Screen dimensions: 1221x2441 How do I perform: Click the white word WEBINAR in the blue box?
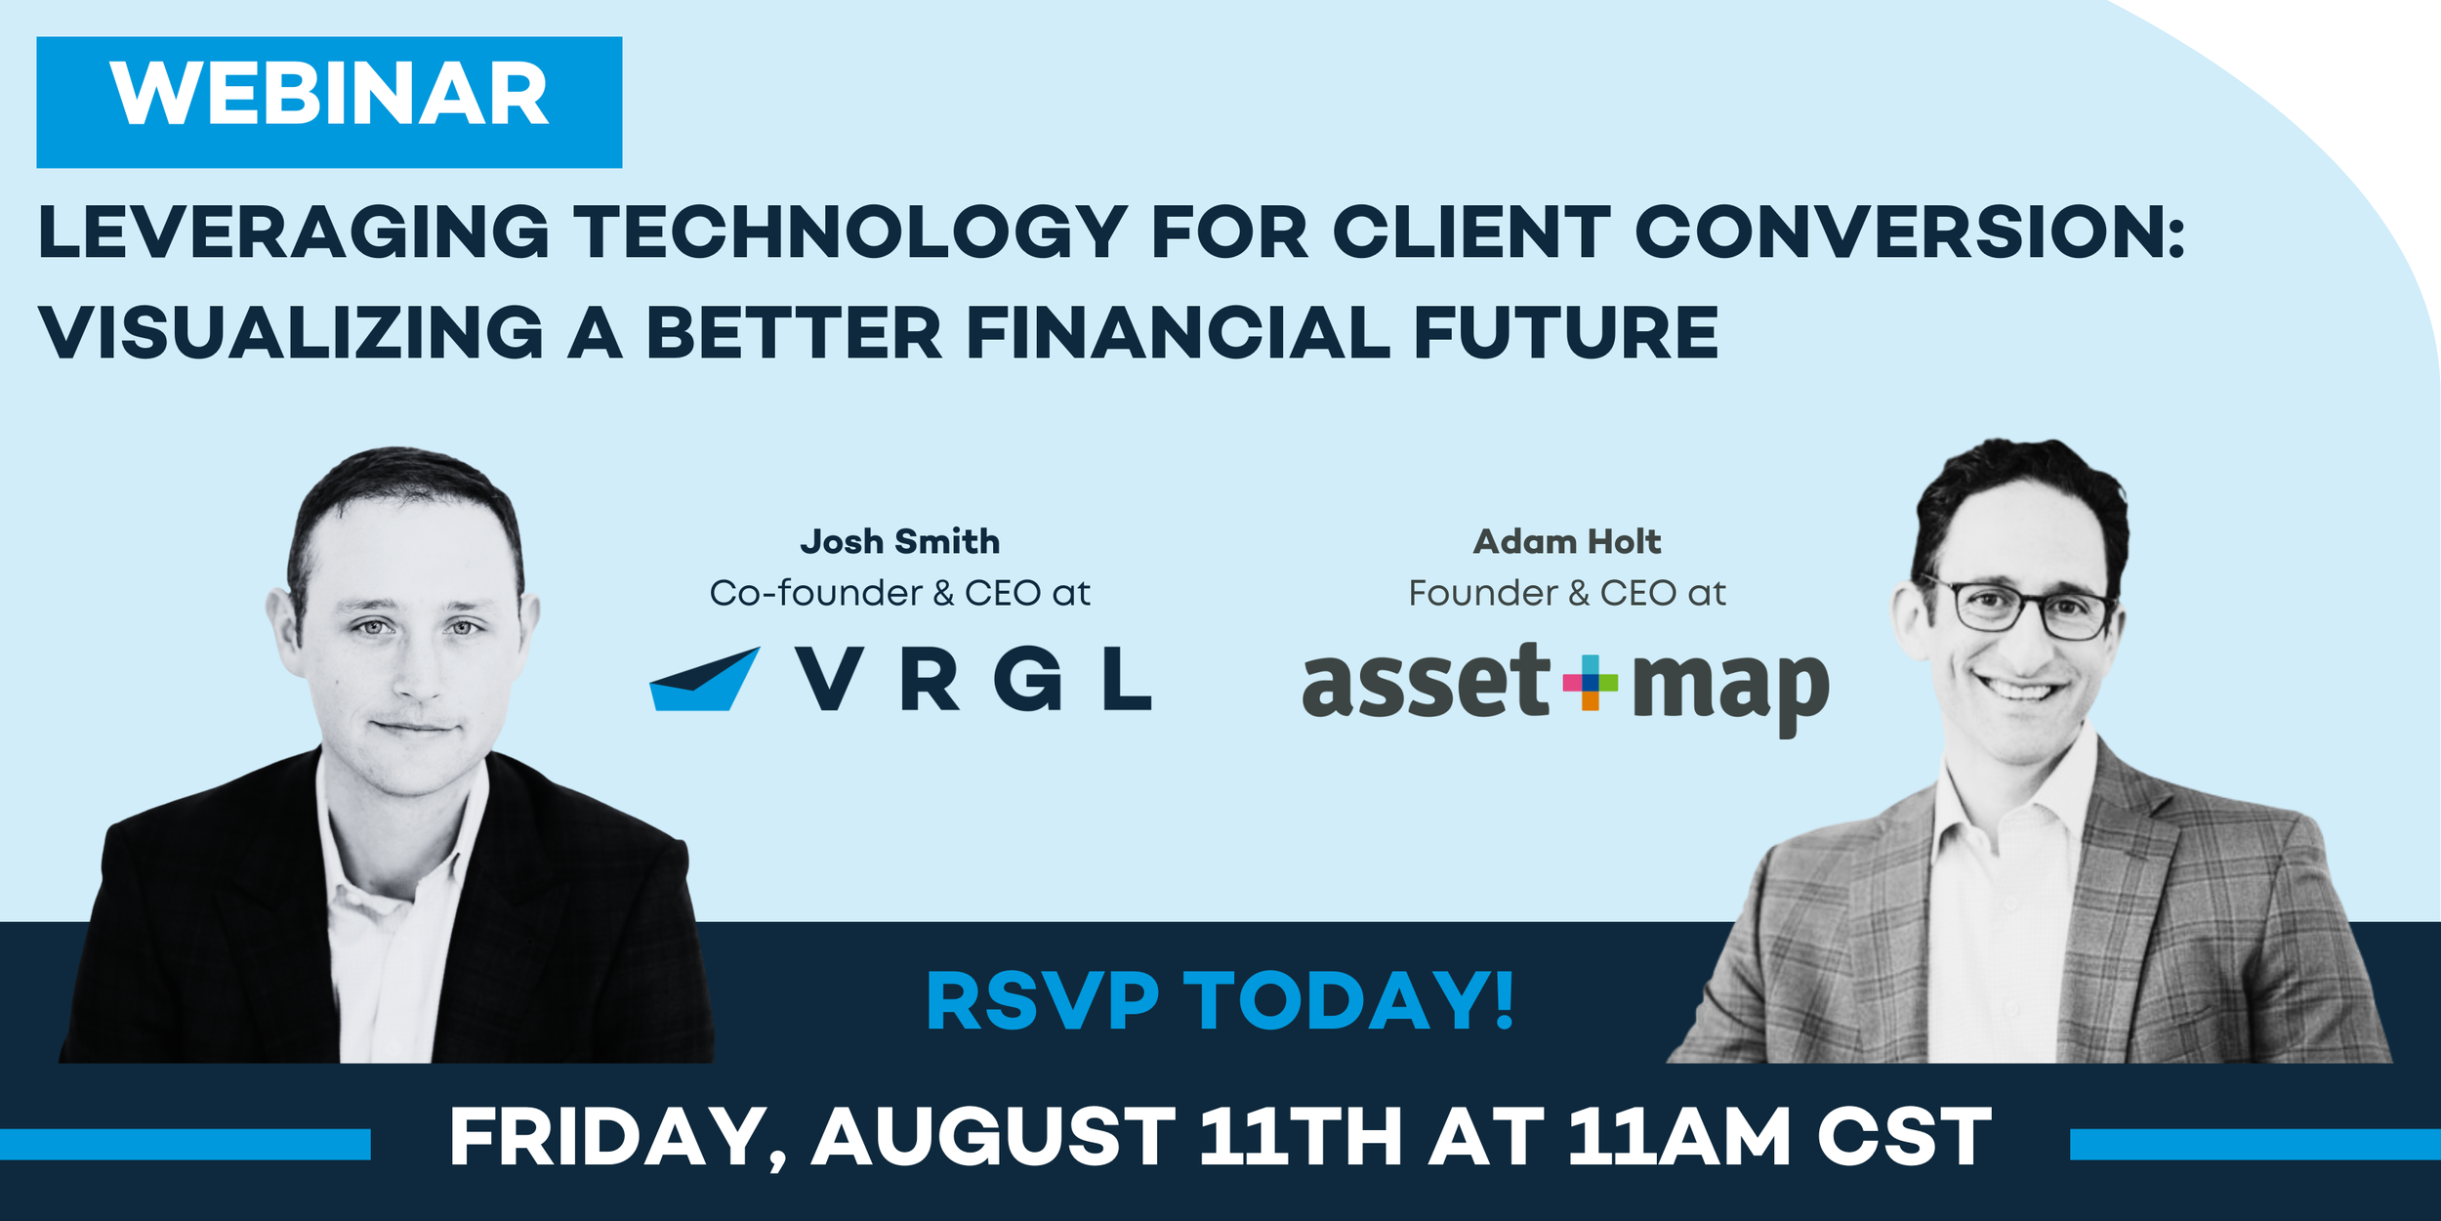point(329,95)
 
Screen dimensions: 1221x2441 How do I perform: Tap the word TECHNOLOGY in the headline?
point(849,233)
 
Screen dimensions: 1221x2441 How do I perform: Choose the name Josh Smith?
point(899,541)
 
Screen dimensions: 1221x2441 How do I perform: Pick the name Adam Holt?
point(1566,541)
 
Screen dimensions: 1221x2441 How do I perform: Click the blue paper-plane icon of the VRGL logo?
point(703,680)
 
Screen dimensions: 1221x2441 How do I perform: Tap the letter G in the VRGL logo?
point(1027,680)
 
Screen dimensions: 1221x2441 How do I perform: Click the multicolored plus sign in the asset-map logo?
point(1590,682)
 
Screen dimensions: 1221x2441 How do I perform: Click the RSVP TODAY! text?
point(1220,1001)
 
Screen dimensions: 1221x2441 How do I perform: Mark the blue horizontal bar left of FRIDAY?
point(186,1144)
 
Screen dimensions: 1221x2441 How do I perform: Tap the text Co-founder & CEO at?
point(899,593)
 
